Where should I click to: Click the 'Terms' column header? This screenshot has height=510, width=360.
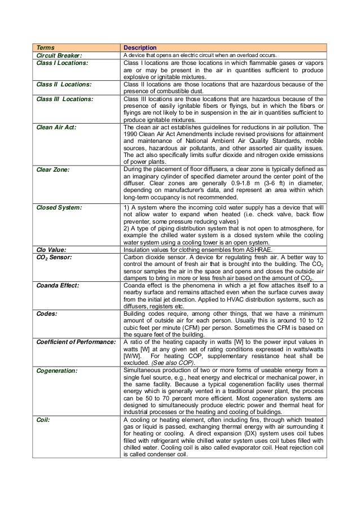46,47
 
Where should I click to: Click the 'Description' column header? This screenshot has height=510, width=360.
140,47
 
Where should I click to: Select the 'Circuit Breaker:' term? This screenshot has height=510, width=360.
59,55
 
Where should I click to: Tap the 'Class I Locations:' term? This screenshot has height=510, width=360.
62,63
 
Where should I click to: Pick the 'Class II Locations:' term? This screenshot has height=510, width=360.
64,85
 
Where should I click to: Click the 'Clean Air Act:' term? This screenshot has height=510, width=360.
56,128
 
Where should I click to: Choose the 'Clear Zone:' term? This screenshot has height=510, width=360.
52,169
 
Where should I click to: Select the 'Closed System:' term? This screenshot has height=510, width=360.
59,208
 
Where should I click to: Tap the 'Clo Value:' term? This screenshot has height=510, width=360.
51,249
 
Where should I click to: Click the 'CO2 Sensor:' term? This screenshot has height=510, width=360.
55,257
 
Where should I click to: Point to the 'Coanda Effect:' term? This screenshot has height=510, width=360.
58,285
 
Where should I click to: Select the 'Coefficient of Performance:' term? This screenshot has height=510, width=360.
76,342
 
